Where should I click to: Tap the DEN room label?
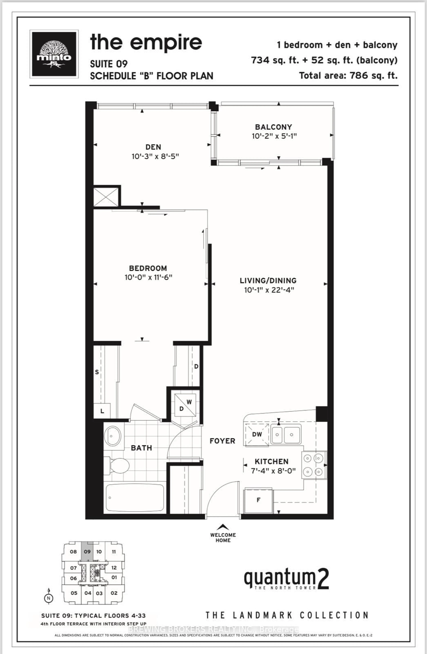[x=153, y=147]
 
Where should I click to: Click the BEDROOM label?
[x=148, y=268]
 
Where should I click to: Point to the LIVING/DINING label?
[x=268, y=281]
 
